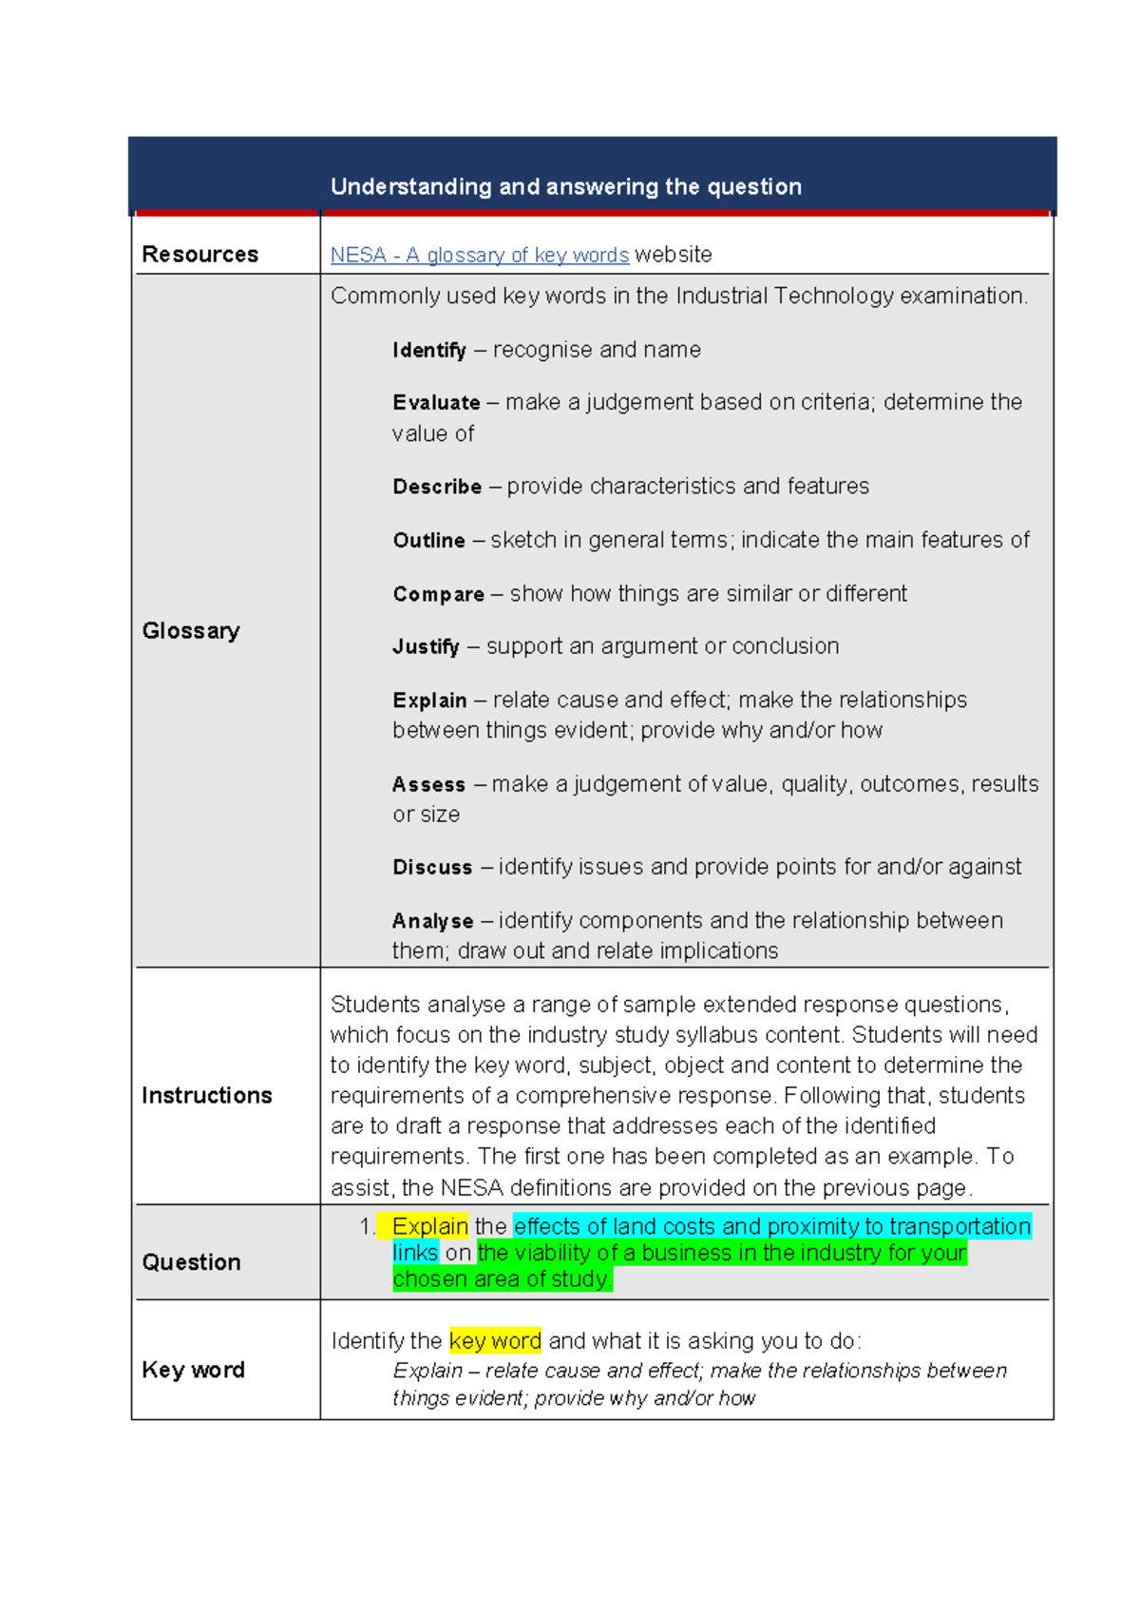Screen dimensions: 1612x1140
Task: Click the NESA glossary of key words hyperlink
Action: [479, 255]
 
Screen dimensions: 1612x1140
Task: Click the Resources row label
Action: [199, 255]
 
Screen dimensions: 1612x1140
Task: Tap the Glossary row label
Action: [191, 631]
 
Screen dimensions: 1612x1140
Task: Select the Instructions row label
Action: [206, 1096]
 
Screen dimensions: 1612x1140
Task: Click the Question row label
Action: [191, 1262]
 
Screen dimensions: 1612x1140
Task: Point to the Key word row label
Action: [193, 1370]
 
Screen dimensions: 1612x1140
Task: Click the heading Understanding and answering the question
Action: [565, 186]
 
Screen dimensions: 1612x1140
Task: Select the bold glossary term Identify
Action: [428, 351]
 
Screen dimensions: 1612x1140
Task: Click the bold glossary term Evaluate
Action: [436, 403]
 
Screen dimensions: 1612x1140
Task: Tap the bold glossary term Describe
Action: [437, 487]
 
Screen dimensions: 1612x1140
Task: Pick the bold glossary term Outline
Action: [428, 541]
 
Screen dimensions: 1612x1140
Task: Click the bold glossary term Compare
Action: [438, 594]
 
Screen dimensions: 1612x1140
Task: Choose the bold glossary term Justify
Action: [426, 647]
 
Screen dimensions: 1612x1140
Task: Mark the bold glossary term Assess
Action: [428, 785]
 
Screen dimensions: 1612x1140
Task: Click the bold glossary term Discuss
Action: [432, 868]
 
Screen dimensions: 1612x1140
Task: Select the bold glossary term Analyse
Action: [432, 921]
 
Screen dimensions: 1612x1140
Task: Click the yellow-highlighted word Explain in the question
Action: [429, 1226]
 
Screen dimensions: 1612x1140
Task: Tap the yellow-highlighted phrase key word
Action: [495, 1341]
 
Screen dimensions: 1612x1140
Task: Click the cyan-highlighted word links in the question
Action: [415, 1253]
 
